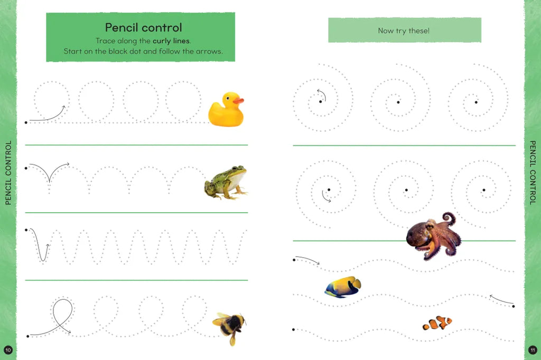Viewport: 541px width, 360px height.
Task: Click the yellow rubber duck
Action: (226, 109)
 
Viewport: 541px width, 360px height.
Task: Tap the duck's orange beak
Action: (238, 101)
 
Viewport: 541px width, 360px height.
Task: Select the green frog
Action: (226, 183)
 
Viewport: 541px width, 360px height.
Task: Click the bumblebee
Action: (229, 327)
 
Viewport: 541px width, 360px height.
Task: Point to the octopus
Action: (433, 235)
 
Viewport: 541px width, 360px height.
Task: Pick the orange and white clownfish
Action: (437, 323)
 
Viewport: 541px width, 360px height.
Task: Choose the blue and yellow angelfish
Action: (343, 287)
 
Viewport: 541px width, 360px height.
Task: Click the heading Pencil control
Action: (143, 27)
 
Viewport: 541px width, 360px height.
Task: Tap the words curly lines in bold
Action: (171, 41)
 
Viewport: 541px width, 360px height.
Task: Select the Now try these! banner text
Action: (404, 31)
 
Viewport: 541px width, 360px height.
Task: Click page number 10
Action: (8, 350)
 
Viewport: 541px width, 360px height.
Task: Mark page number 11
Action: (533, 350)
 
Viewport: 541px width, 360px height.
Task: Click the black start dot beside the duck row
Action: (26, 122)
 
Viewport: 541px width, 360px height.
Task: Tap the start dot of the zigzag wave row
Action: (26, 230)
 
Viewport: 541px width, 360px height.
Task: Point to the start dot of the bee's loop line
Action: (27, 336)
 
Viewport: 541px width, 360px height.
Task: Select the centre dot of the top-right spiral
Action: (476, 102)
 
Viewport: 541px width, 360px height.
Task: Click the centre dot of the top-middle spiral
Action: (398, 102)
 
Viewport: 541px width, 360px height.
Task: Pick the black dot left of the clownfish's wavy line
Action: (293, 329)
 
